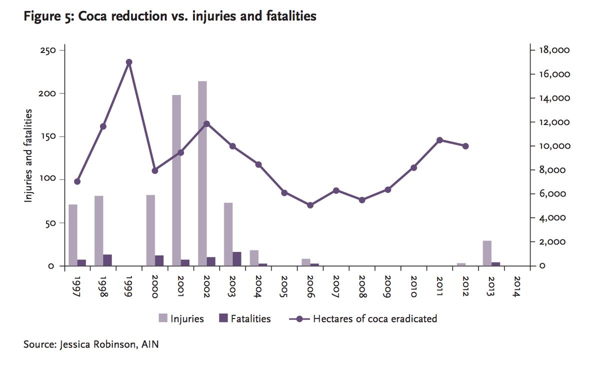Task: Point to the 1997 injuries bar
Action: coord(73,235)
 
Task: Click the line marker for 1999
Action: coord(129,62)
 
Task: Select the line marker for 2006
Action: coord(310,205)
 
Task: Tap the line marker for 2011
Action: coord(439,140)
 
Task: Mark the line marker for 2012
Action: coord(465,146)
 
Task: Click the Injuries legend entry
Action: coord(181,318)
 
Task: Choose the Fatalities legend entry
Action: coord(244,318)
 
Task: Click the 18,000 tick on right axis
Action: coord(553,50)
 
